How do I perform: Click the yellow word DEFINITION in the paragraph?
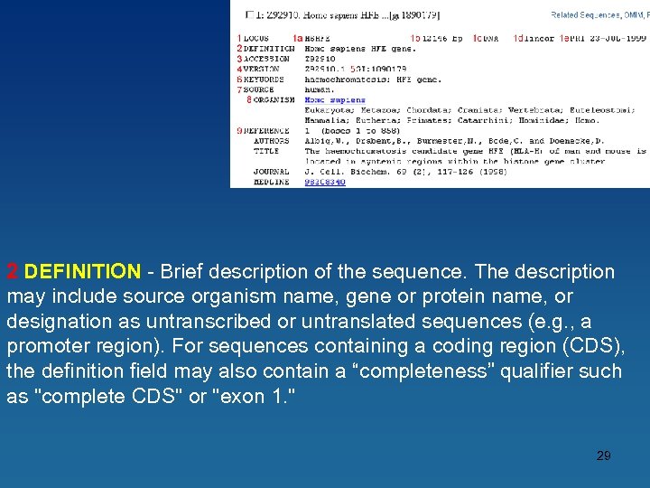point(82,272)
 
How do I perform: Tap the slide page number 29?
point(603,455)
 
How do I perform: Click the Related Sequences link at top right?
point(585,15)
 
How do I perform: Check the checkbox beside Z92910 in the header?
point(250,15)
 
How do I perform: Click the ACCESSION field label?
point(266,59)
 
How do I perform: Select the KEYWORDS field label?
point(265,80)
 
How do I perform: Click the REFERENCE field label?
point(267,131)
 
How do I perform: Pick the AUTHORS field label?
point(272,141)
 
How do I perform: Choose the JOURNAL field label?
point(271,172)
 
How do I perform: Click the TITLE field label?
point(266,151)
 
